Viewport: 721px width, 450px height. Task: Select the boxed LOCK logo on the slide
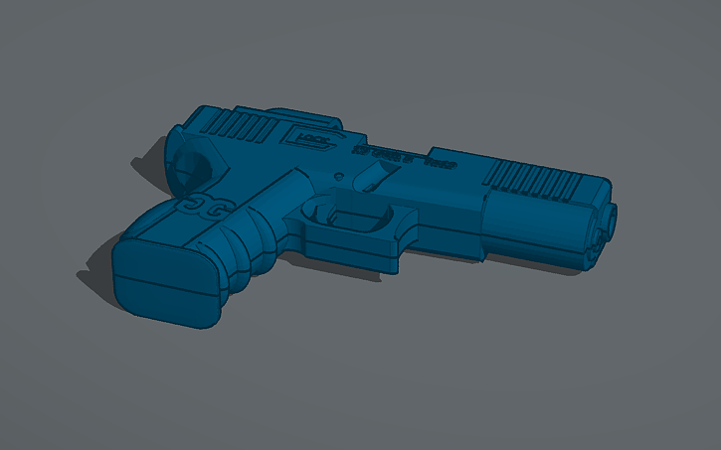click(x=312, y=138)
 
